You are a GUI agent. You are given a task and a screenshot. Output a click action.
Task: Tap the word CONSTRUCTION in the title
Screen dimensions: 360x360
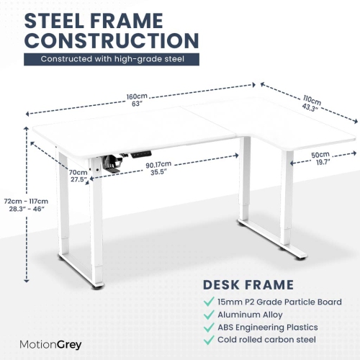click(112, 40)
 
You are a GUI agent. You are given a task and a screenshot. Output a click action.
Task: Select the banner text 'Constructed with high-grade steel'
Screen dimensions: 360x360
click(112, 59)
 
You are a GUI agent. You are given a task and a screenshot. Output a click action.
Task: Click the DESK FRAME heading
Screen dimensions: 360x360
click(248, 285)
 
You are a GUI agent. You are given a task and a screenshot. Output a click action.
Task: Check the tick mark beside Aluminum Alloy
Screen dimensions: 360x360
click(209, 315)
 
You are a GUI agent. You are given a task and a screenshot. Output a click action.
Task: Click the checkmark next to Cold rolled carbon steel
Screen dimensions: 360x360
click(209, 340)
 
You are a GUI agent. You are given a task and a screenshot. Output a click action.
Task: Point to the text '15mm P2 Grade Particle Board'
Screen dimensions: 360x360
click(279, 302)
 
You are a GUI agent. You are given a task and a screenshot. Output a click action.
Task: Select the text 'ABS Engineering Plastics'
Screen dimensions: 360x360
click(268, 328)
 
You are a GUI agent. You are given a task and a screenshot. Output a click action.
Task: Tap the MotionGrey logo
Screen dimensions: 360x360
click(50, 345)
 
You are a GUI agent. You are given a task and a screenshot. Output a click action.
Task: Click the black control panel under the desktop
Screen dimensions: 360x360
click(141, 154)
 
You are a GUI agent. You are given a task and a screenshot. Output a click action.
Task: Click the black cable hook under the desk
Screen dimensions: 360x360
click(112, 163)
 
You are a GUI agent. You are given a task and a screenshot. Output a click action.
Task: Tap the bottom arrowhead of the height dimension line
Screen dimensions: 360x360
click(27, 280)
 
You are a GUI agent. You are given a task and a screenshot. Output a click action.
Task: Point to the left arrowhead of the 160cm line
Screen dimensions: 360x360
click(27, 114)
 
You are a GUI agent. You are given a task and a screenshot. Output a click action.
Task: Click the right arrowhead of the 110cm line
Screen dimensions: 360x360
click(356, 121)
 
